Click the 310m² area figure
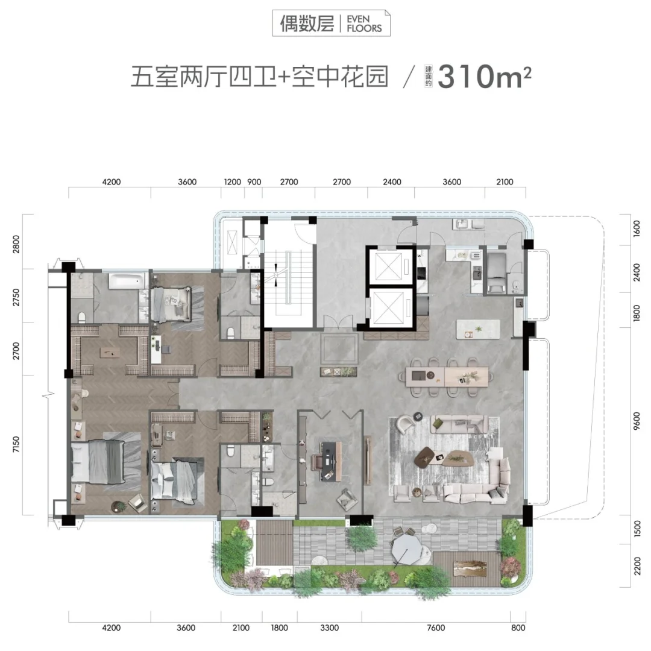(484, 77)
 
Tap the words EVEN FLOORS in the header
(364, 24)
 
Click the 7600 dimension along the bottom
(436, 627)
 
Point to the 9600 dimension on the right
(637, 421)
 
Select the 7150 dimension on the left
(16, 445)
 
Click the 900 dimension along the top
(254, 182)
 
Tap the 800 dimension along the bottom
(518, 627)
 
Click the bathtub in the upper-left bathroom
(128, 281)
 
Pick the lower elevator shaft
(390, 308)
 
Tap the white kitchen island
(478, 330)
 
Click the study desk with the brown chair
(330, 461)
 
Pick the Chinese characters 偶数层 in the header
(307, 24)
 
